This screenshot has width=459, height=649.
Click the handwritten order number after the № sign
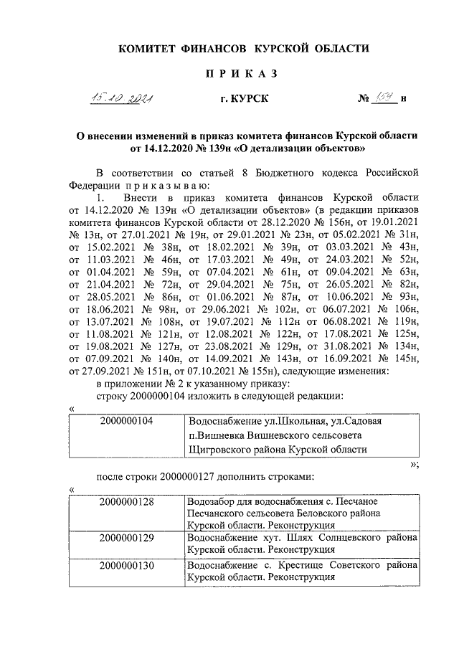[x=384, y=98]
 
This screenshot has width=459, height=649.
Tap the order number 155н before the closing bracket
[x=255, y=371]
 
